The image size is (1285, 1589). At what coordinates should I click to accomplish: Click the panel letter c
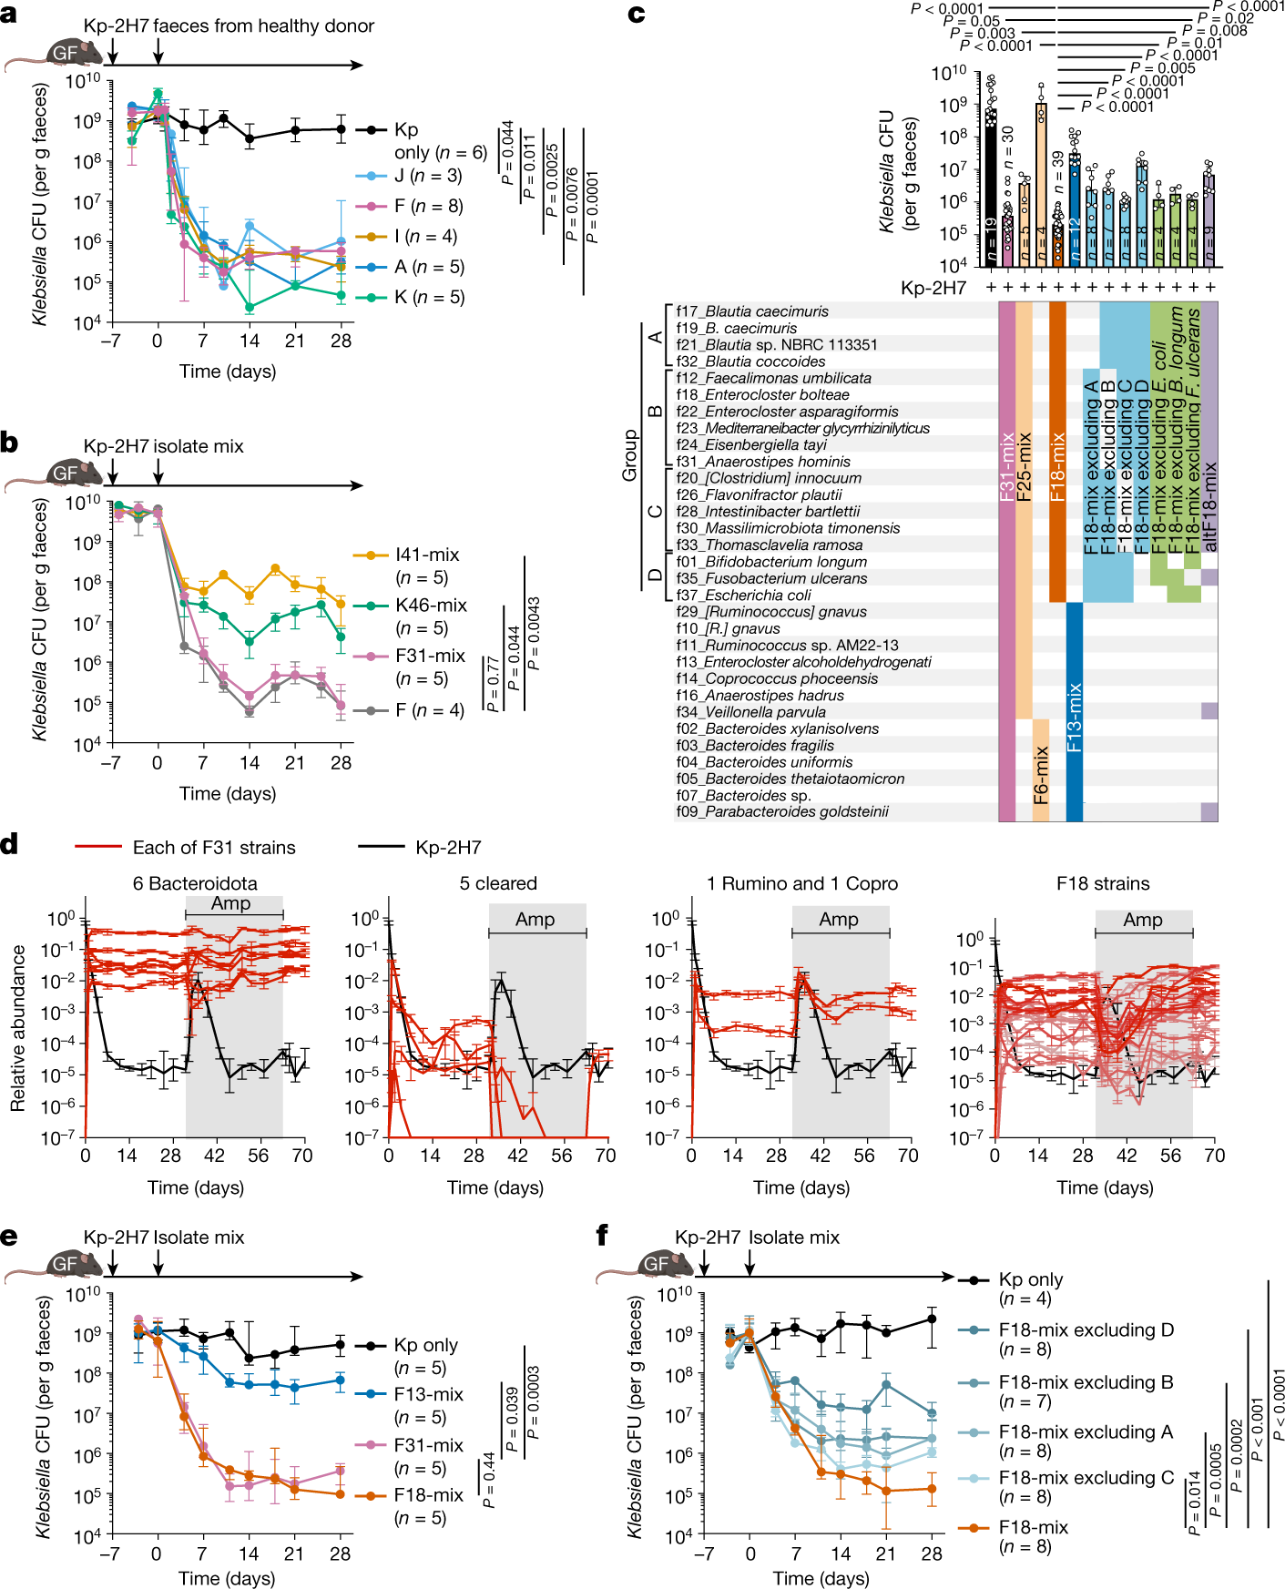(637, 14)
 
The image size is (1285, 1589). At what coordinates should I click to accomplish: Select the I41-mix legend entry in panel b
(426, 555)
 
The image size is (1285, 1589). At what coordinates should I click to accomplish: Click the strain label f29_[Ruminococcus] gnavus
(770, 612)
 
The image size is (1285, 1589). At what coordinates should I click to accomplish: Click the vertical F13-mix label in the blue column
(1075, 717)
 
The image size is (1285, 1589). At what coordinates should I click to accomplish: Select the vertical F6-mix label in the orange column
(1041, 775)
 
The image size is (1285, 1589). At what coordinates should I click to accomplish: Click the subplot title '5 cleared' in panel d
(498, 883)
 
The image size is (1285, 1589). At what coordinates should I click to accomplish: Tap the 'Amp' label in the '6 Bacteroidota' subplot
(230, 903)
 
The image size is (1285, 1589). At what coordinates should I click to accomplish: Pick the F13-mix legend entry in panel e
(428, 1394)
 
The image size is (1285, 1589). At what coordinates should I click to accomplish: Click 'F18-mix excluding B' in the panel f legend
(1086, 1382)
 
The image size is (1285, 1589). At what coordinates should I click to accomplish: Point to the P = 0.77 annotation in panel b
(493, 683)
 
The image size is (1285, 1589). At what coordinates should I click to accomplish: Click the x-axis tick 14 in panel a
(250, 341)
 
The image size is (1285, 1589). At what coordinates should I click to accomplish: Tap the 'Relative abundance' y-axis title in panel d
(17, 1027)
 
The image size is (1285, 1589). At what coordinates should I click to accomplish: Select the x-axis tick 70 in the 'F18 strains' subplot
(1214, 1156)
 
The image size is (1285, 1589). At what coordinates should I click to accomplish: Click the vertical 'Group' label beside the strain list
(629, 454)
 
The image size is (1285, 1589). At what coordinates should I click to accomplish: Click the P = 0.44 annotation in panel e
(488, 1480)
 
